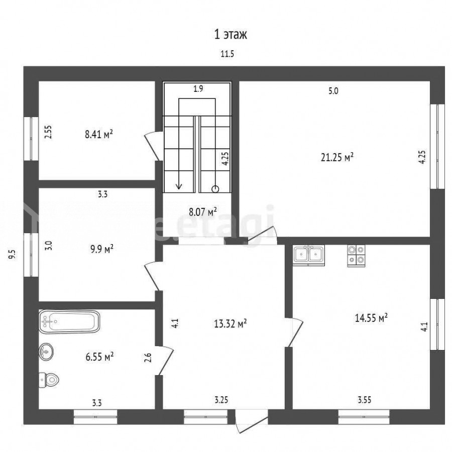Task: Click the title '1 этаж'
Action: tap(231, 35)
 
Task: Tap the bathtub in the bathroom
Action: tap(69, 321)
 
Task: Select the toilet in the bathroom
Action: tap(49, 379)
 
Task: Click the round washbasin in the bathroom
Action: tap(46, 352)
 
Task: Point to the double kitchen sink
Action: tap(309, 255)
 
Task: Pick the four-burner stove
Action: tap(356, 256)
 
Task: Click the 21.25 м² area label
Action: tap(337, 157)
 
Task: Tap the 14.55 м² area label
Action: tap(371, 318)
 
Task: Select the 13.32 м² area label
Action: tap(231, 323)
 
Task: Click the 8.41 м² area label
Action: tap(99, 134)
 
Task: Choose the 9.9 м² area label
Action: tap(102, 249)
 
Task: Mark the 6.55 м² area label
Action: tap(100, 357)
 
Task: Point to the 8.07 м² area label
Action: tap(203, 212)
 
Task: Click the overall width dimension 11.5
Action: tap(228, 54)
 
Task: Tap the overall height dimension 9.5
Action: tap(12, 255)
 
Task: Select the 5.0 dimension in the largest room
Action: tap(333, 91)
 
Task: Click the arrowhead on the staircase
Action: tap(179, 186)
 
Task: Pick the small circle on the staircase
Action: tap(215, 189)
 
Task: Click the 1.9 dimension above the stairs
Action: tap(198, 89)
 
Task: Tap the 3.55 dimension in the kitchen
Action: tap(365, 400)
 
